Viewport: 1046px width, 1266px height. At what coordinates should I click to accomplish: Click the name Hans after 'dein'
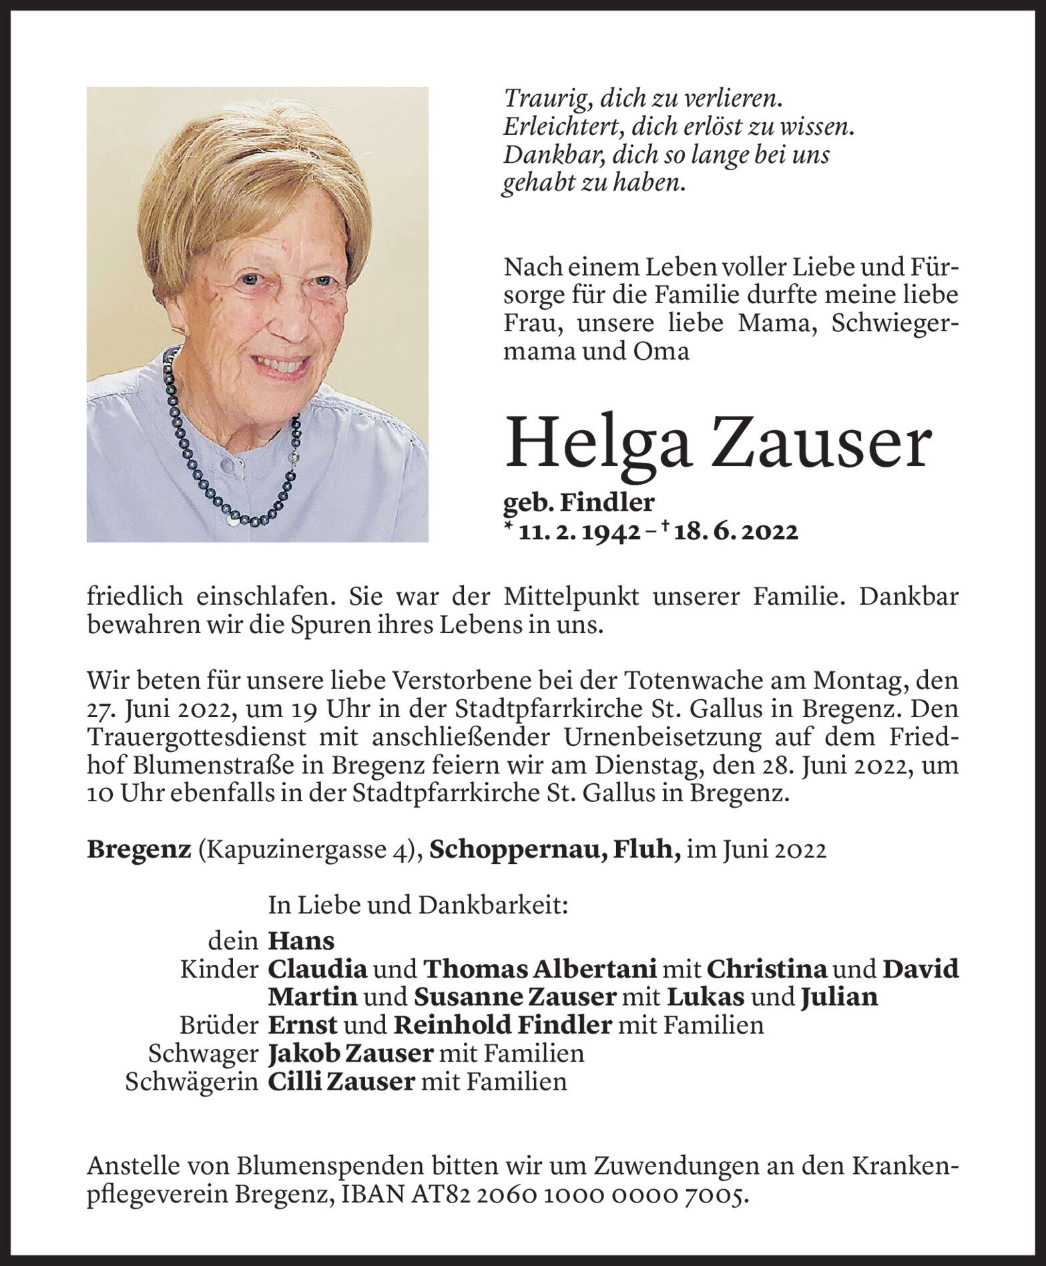(x=301, y=941)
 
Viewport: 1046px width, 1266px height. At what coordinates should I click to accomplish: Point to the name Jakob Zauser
(x=350, y=1053)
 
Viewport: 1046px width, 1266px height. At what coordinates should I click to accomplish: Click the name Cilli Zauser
(x=341, y=1081)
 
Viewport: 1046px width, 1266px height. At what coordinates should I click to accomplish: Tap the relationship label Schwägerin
(x=192, y=1082)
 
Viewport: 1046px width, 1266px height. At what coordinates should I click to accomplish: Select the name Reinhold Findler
(x=503, y=1025)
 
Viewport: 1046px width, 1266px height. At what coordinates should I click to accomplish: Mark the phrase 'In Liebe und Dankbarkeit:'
(x=418, y=905)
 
